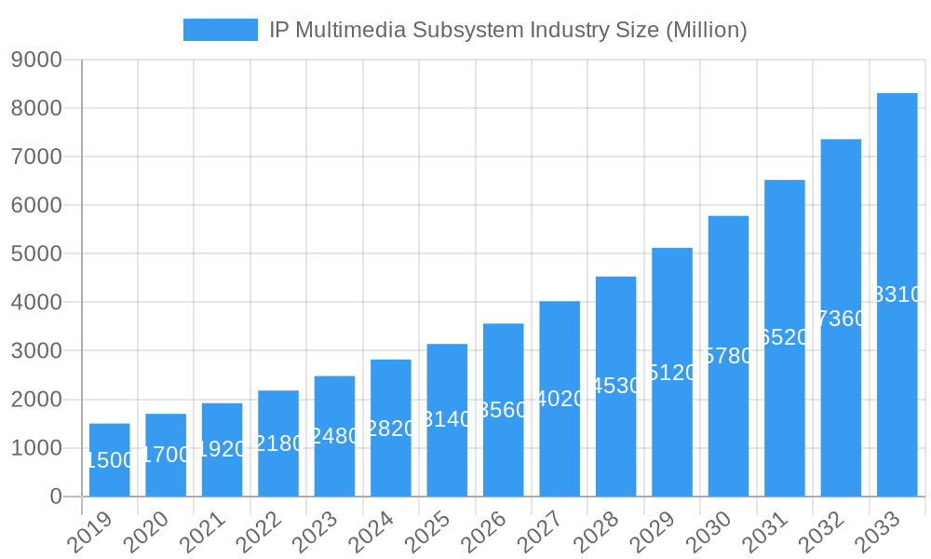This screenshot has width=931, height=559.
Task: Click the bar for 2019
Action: (x=110, y=460)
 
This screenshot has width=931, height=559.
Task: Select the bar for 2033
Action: (x=897, y=294)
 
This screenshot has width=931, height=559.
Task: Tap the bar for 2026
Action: (x=504, y=410)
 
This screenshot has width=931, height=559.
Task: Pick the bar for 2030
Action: (x=728, y=356)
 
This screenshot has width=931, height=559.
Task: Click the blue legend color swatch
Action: (x=221, y=30)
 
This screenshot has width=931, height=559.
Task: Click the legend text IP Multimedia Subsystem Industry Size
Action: (x=507, y=30)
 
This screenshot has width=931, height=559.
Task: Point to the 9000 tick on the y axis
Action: (x=36, y=61)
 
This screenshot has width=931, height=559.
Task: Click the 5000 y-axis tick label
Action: (x=36, y=254)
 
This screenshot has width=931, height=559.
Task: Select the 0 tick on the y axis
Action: (x=55, y=497)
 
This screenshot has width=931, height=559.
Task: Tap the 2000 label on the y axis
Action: (x=36, y=400)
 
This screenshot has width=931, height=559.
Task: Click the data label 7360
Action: (x=841, y=319)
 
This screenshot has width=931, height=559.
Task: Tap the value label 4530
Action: (x=616, y=386)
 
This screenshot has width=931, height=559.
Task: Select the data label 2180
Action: (x=278, y=443)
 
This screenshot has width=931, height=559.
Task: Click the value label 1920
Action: (x=222, y=449)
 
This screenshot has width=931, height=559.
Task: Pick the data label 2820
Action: (x=391, y=429)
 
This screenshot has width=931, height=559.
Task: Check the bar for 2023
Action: (x=334, y=436)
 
